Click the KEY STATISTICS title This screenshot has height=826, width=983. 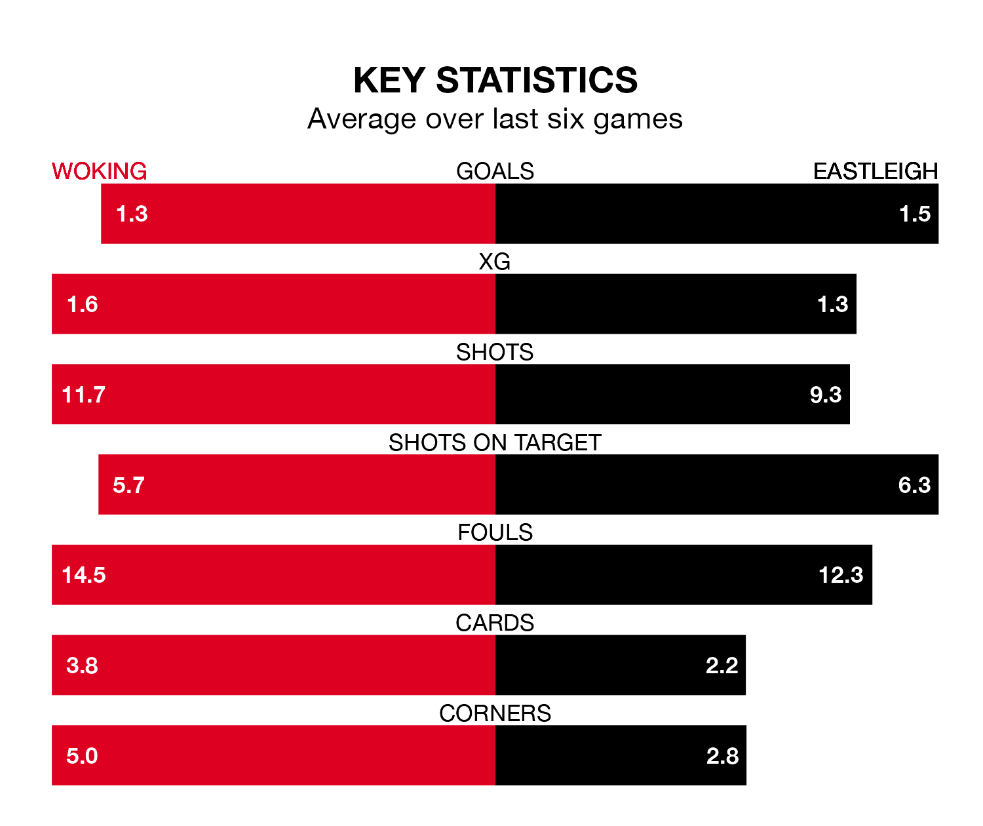click(x=495, y=81)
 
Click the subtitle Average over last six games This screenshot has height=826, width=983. click(x=495, y=119)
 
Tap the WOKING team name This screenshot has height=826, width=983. click(x=99, y=171)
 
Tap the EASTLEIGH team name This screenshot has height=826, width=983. click(x=876, y=171)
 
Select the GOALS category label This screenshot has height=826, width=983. click(x=495, y=171)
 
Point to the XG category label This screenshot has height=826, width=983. click(x=495, y=262)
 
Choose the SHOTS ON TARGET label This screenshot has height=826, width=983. click(x=495, y=442)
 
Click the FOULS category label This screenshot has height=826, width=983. click(x=495, y=532)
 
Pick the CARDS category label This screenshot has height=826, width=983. click(x=495, y=623)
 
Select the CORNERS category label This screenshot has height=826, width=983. click(x=495, y=713)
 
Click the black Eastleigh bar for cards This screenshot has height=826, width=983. click(x=603, y=665)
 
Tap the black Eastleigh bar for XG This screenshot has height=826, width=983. click(x=655, y=304)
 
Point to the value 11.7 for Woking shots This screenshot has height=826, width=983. click(x=83, y=395)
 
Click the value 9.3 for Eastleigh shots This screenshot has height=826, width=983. click(x=826, y=395)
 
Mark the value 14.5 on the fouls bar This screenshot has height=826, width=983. click(x=84, y=575)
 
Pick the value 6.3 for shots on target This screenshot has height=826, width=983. click(x=914, y=485)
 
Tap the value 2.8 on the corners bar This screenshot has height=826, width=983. click(x=722, y=756)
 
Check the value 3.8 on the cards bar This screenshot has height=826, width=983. click(x=82, y=665)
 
